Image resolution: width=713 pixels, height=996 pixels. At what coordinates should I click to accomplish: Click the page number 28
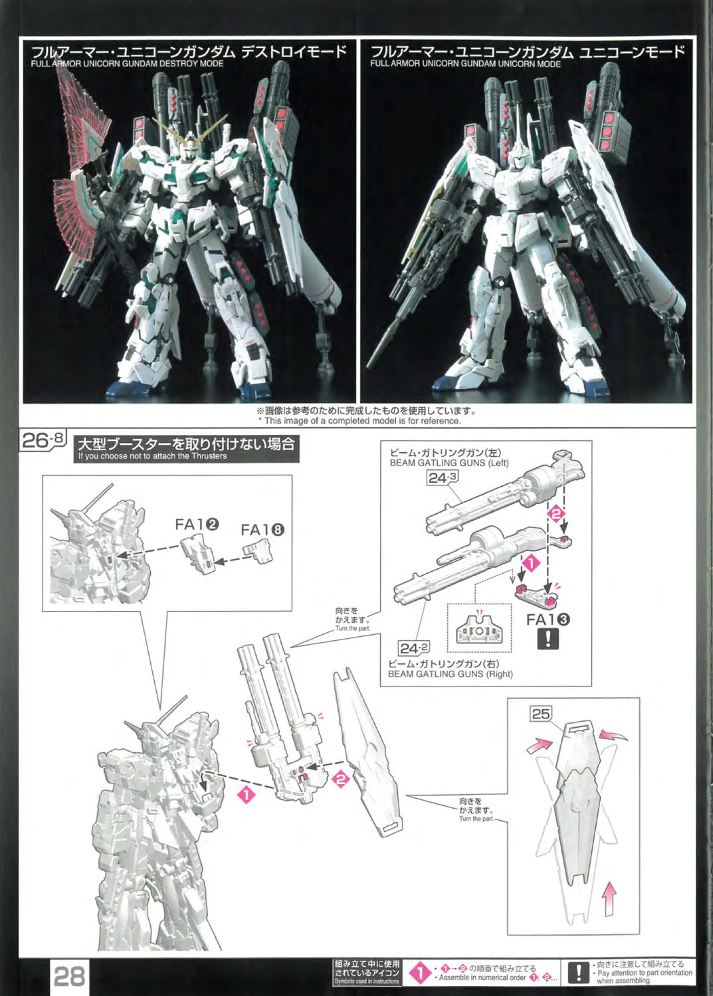[69, 977]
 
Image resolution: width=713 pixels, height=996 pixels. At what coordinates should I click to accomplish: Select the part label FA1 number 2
[197, 525]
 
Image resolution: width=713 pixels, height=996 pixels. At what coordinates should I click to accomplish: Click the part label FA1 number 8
[262, 530]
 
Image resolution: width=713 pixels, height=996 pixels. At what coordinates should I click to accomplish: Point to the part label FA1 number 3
[548, 620]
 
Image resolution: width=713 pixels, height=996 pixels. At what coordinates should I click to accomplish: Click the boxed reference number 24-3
[443, 477]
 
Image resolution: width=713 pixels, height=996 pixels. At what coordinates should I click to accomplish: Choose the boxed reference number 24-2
[414, 648]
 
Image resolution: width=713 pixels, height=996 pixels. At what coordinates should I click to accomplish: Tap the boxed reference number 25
[541, 714]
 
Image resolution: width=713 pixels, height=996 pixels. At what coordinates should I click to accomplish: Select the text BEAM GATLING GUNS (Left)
[449, 462]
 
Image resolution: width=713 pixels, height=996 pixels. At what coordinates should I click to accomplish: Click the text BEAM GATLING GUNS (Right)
[451, 674]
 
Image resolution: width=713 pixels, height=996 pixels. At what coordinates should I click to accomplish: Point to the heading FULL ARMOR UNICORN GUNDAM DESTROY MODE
[128, 64]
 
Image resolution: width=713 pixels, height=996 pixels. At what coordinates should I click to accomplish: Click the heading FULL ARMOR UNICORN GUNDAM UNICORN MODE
[466, 64]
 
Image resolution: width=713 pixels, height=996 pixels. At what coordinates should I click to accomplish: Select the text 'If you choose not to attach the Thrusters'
[153, 456]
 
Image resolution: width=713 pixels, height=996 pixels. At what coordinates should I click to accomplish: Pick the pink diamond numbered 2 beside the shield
[341, 779]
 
